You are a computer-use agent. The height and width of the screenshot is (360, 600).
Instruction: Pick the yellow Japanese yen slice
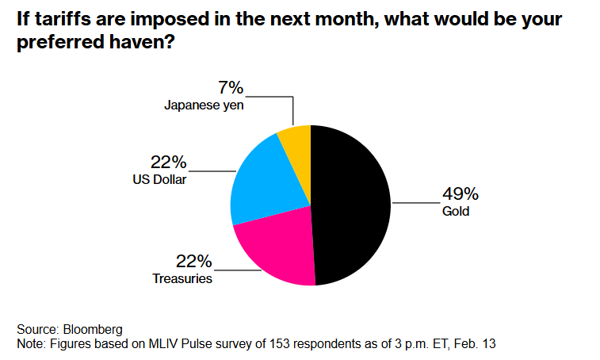[x=296, y=142]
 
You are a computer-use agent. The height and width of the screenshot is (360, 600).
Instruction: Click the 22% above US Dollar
[x=169, y=163]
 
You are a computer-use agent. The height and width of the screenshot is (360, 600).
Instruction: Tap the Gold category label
[x=456, y=212]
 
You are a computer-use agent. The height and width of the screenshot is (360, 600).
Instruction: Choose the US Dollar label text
[x=160, y=180]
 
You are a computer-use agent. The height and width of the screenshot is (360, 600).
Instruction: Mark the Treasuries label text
[x=183, y=278]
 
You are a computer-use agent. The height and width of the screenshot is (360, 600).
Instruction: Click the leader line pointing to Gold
[x=415, y=204]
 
